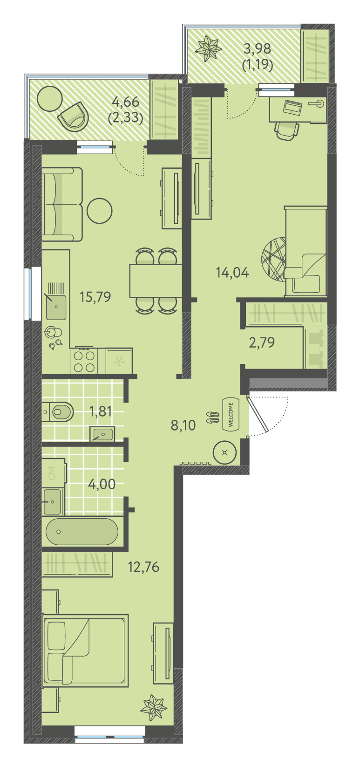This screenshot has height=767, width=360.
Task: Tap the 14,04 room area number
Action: click(232, 273)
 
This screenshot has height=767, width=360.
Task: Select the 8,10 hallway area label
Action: click(183, 425)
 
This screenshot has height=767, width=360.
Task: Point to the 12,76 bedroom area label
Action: click(143, 567)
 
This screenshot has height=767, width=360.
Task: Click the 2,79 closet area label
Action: click(262, 342)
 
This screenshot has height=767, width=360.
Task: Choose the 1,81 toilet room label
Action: click(100, 411)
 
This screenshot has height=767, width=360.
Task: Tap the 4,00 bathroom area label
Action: click(102, 484)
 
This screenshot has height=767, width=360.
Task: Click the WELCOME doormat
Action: click(231, 414)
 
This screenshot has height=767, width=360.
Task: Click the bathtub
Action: click(82, 532)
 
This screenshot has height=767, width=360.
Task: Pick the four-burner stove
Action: click(84, 361)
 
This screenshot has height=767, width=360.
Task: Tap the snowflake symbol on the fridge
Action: click(119, 361)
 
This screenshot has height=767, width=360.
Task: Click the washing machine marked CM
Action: click(54, 473)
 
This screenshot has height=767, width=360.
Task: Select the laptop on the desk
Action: click(292, 107)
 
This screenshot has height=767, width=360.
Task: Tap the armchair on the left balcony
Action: click(73, 116)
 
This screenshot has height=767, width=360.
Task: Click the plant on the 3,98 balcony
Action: click(208, 48)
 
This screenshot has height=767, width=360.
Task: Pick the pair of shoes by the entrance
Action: click(212, 418)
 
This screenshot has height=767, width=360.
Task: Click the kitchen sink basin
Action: click(56, 307)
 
